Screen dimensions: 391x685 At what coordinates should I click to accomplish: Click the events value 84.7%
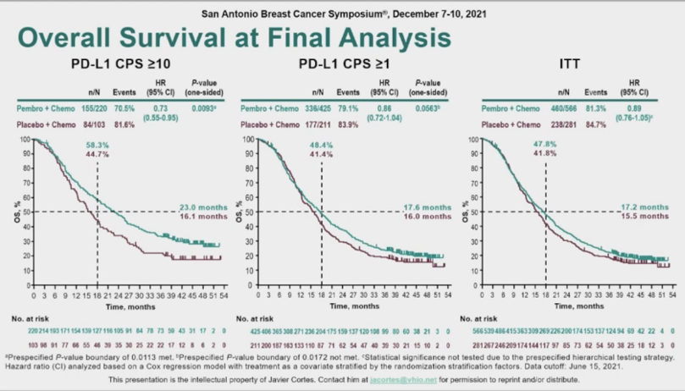click(596, 124)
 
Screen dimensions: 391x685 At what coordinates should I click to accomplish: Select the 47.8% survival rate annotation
click(546, 146)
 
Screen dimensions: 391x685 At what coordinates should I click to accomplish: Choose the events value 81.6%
click(125, 124)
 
